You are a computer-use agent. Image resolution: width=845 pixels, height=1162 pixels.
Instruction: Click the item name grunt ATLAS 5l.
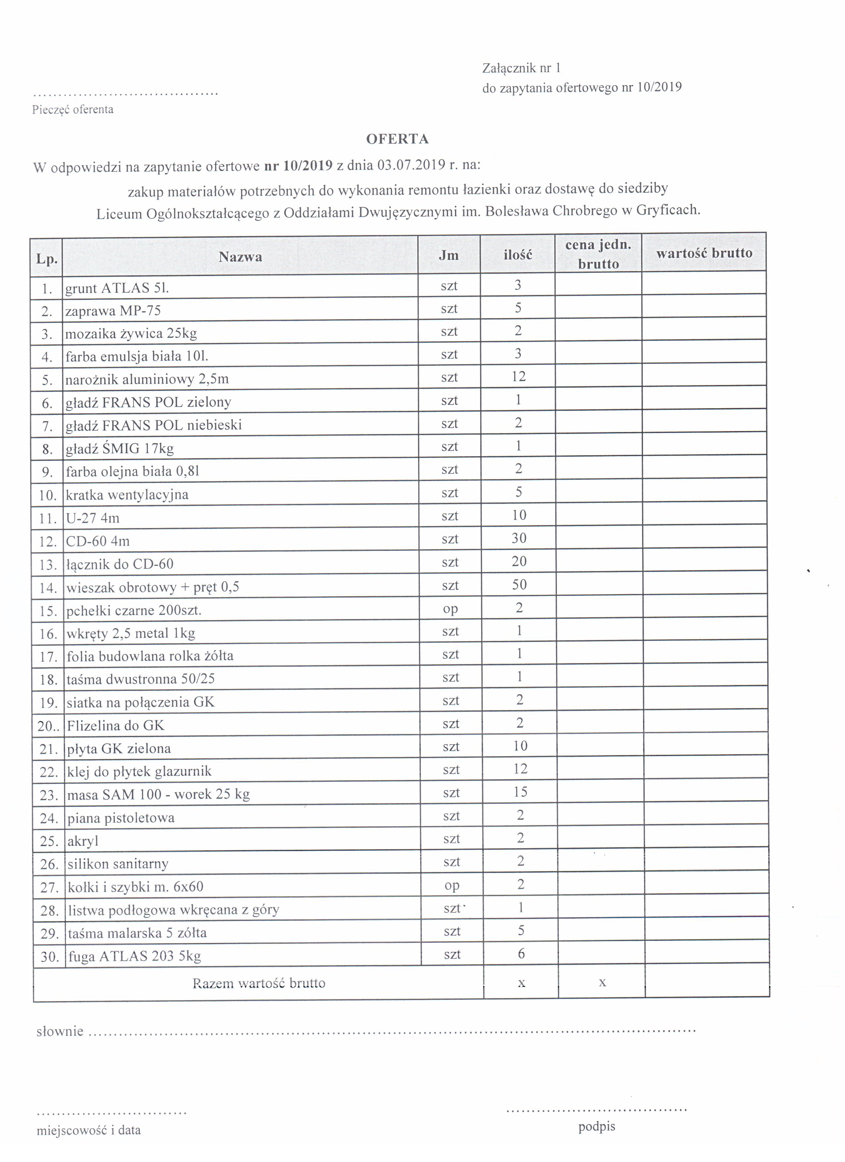117,288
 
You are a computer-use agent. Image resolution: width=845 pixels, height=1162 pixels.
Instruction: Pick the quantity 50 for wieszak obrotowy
519,585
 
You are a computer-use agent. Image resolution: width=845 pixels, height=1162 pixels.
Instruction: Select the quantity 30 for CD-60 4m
519,538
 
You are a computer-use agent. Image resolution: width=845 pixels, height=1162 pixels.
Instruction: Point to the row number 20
48,725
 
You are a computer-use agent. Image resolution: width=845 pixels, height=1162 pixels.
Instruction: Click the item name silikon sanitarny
118,864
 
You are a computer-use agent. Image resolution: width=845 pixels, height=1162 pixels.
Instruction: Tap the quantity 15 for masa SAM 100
520,792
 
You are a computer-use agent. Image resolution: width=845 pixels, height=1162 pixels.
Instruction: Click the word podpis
596,1127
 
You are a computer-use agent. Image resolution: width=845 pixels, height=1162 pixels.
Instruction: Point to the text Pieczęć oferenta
73,110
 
